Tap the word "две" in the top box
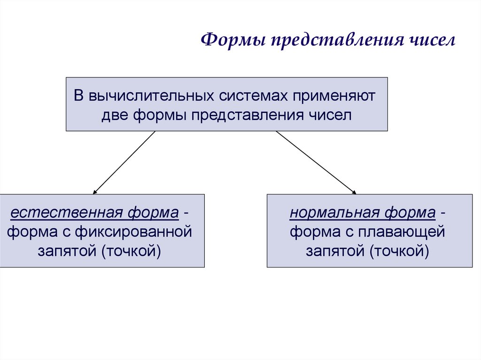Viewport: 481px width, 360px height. [115, 115]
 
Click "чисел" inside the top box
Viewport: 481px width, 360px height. [329, 115]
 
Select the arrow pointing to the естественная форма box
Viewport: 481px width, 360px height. [124, 162]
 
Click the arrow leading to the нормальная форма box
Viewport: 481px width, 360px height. [316, 162]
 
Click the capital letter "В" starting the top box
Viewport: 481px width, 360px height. [79, 96]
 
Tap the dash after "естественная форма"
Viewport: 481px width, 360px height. [187, 214]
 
